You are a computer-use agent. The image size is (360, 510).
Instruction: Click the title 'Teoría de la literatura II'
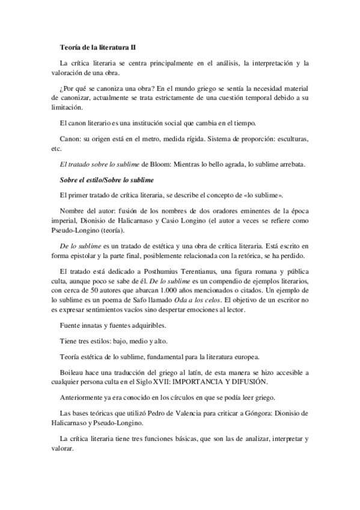pyautogui.click(x=102, y=46)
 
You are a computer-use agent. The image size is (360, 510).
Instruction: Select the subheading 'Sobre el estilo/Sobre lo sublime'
pyautogui.click(x=108, y=180)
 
